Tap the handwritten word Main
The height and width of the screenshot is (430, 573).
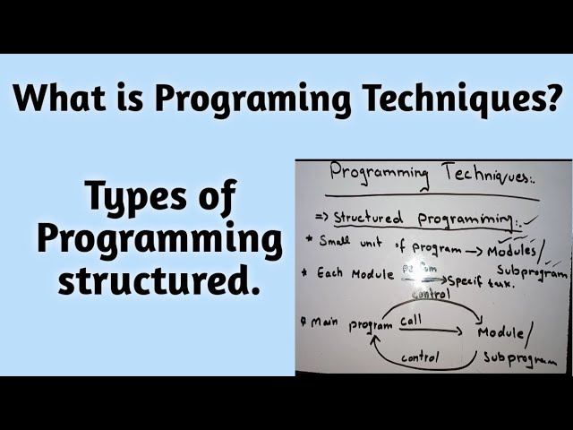coord(321,322)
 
